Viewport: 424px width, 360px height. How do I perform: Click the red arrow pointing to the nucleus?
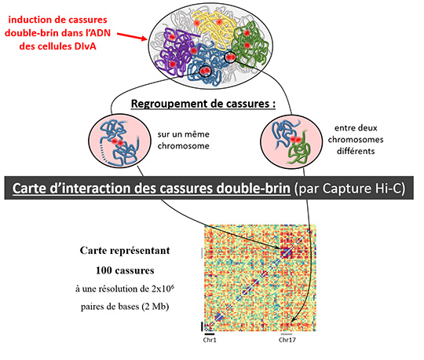(x=132, y=37)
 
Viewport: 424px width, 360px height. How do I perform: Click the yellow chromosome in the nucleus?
(x=214, y=27)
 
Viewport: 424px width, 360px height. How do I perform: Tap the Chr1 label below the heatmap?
(x=210, y=340)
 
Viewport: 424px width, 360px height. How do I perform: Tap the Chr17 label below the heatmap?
(x=287, y=340)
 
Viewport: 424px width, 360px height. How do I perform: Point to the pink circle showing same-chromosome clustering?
(x=119, y=141)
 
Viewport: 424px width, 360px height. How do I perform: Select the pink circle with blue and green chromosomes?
(x=291, y=141)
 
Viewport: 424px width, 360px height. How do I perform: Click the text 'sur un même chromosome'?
(x=183, y=140)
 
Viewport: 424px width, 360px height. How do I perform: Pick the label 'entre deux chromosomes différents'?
(x=356, y=139)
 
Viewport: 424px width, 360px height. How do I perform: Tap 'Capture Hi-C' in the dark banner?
(x=364, y=189)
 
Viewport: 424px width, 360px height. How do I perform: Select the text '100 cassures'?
(x=125, y=270)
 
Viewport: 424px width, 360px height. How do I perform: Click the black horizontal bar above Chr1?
(x=210, y=334)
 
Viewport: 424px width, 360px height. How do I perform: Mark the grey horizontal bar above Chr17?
(x=287, y=334)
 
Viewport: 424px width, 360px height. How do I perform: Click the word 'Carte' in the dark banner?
(x=30, y=189)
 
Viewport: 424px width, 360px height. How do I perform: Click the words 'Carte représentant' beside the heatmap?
(x=125, y=251)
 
